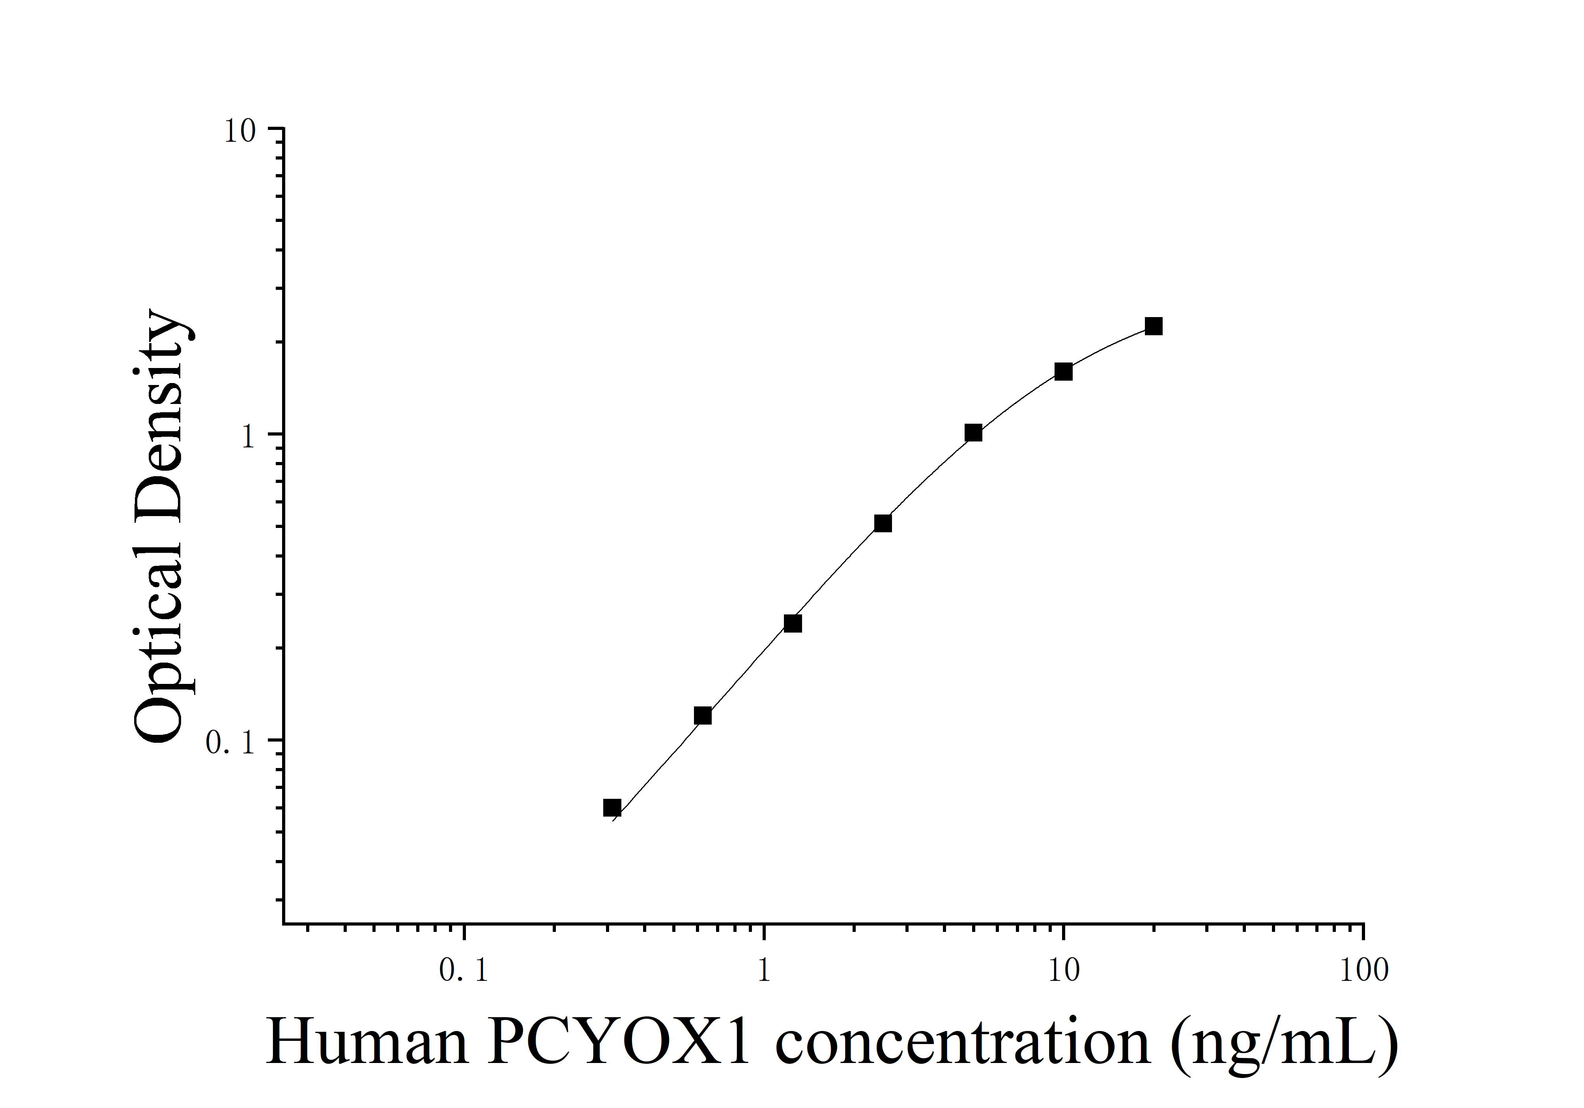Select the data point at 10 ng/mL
(1064, 372)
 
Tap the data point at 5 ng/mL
(973, 433)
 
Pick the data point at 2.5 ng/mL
(883, 523)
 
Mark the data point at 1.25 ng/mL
(793, 623)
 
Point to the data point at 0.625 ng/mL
(702, 716)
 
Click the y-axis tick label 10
(239, 131)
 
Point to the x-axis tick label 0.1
(464, 971)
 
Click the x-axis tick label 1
(764, 971)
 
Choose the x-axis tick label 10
(1064, 971)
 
